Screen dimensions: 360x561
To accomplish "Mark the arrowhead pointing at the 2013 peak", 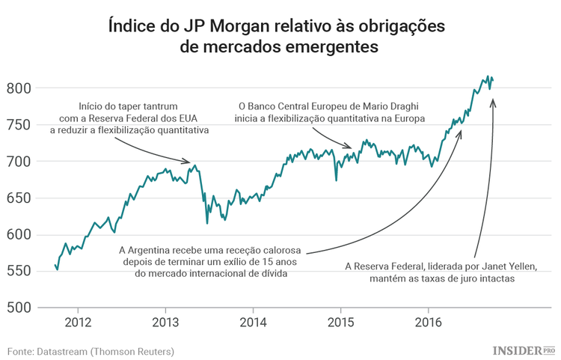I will [189, 161].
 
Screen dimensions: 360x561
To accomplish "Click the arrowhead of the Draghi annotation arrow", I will [349, 147].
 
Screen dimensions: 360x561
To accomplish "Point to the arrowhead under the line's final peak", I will [492, 101].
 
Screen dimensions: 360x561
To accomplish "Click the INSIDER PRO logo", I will [523, 350].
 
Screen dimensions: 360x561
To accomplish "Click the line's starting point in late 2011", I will [55, 264].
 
